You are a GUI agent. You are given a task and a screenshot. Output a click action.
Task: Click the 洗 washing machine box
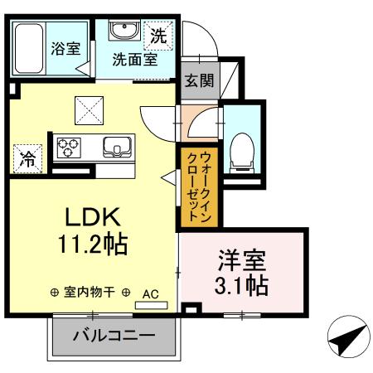(158, 36)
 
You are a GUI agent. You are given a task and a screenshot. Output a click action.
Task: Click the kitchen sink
(115, 148)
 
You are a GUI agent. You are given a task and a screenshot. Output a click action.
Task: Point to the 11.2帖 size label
(94, 246)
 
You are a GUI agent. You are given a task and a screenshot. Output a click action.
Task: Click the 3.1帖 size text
(241, 286)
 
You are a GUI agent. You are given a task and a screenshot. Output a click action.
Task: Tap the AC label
(151, 293)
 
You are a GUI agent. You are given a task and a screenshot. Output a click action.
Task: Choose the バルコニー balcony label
(114, 337)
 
